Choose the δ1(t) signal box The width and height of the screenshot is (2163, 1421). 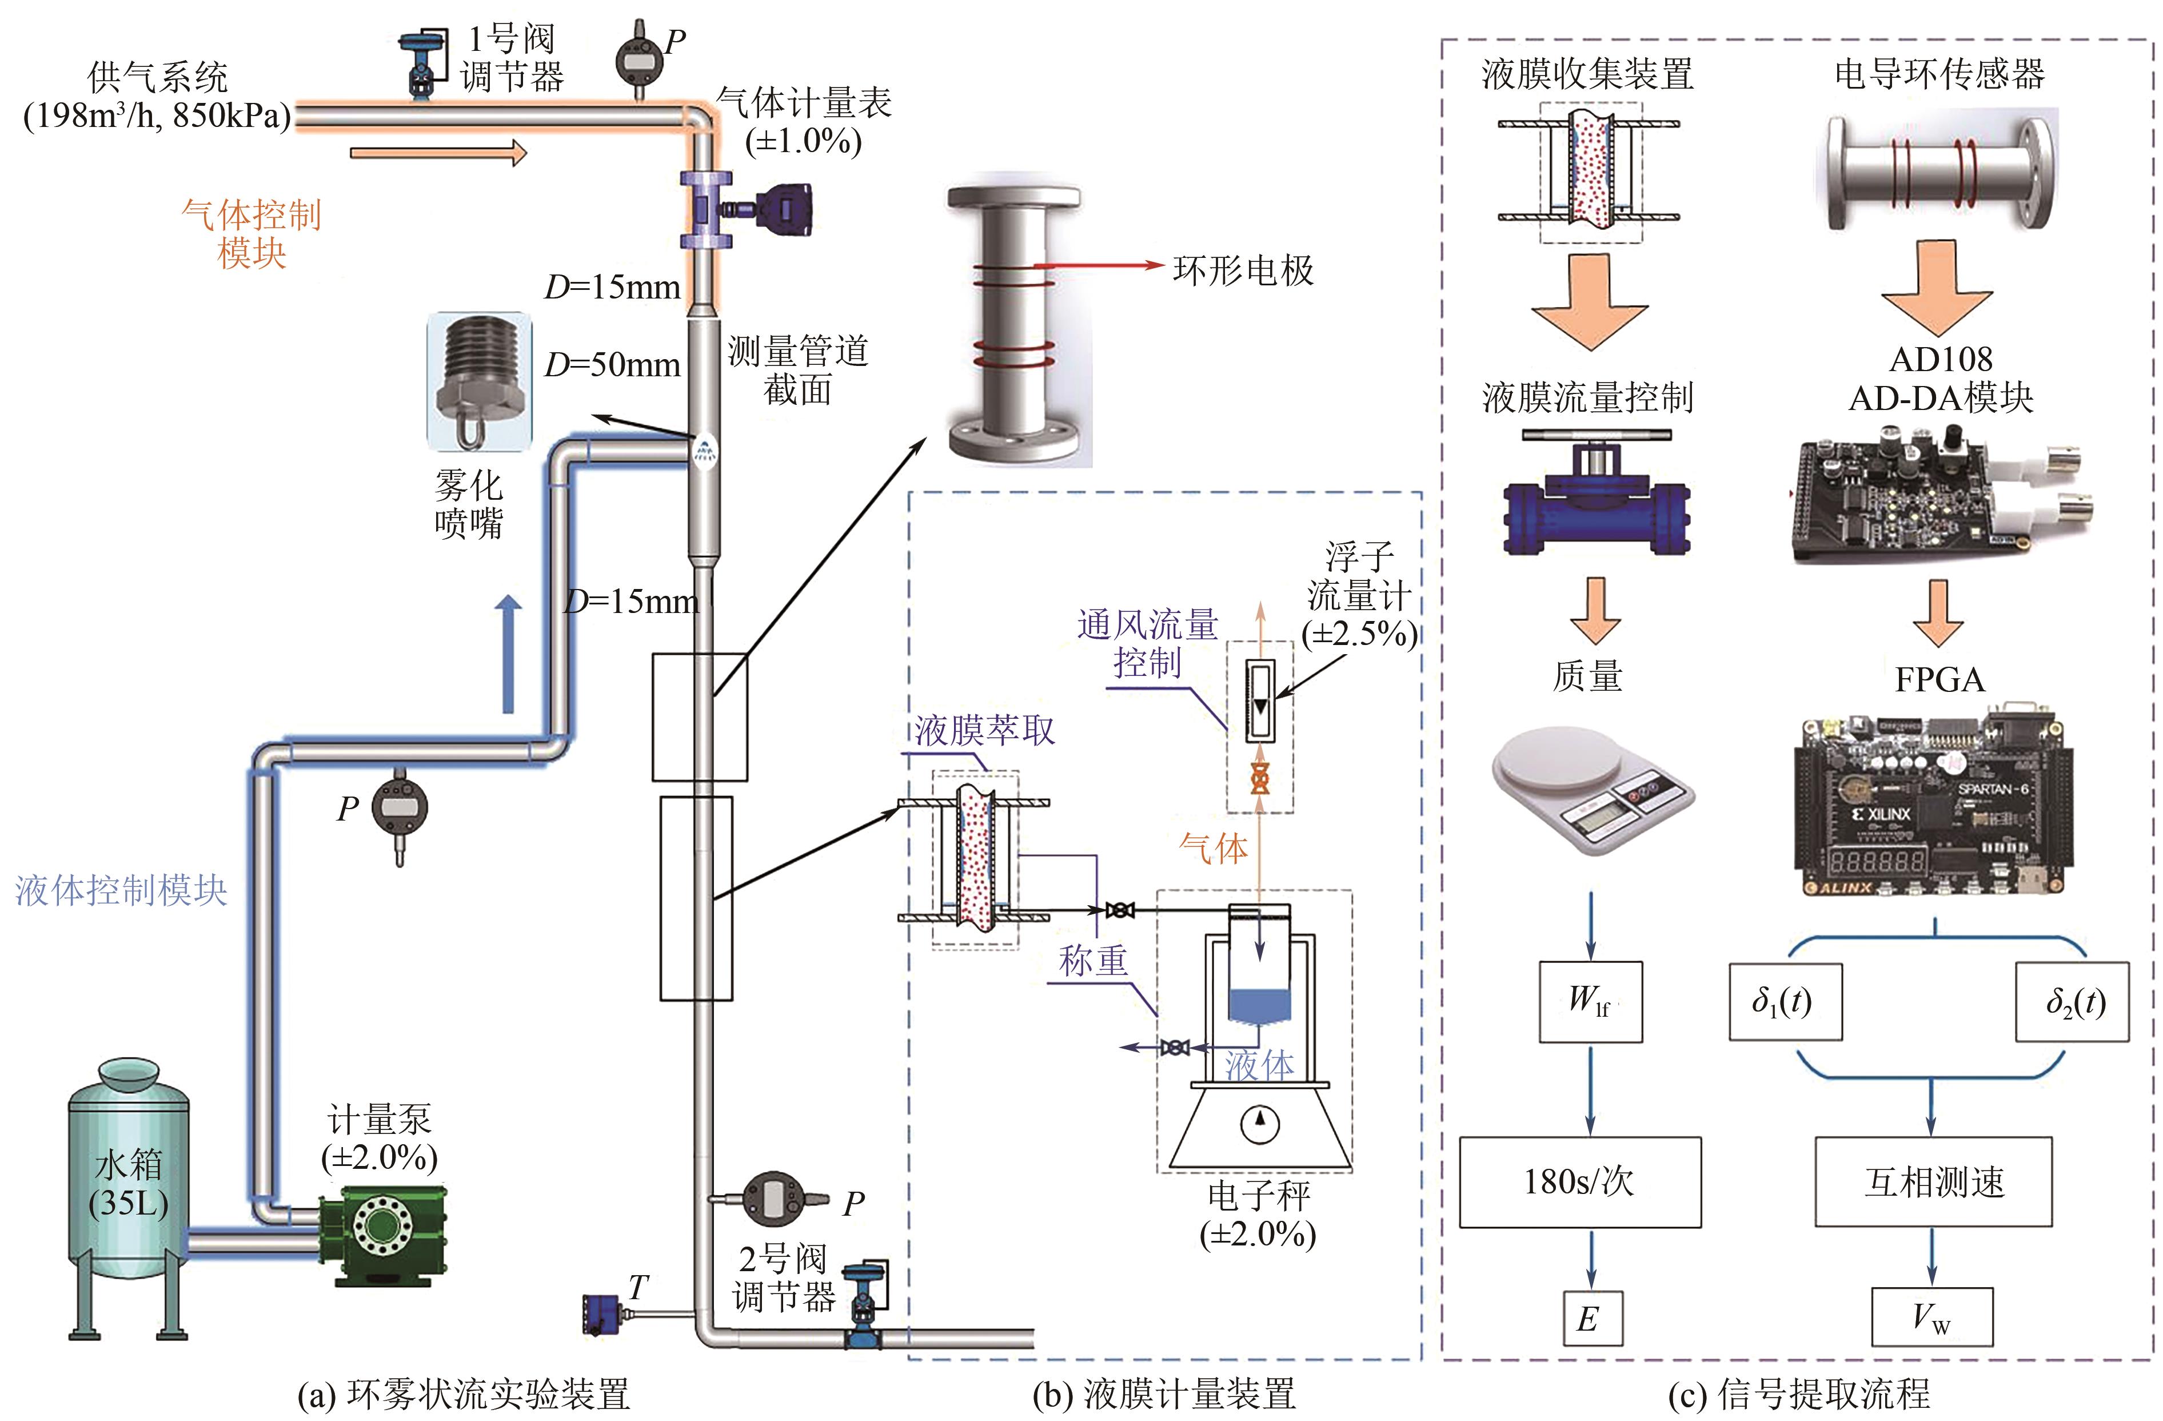(1785, 1002)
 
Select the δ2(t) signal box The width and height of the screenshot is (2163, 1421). (2072, 1002)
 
